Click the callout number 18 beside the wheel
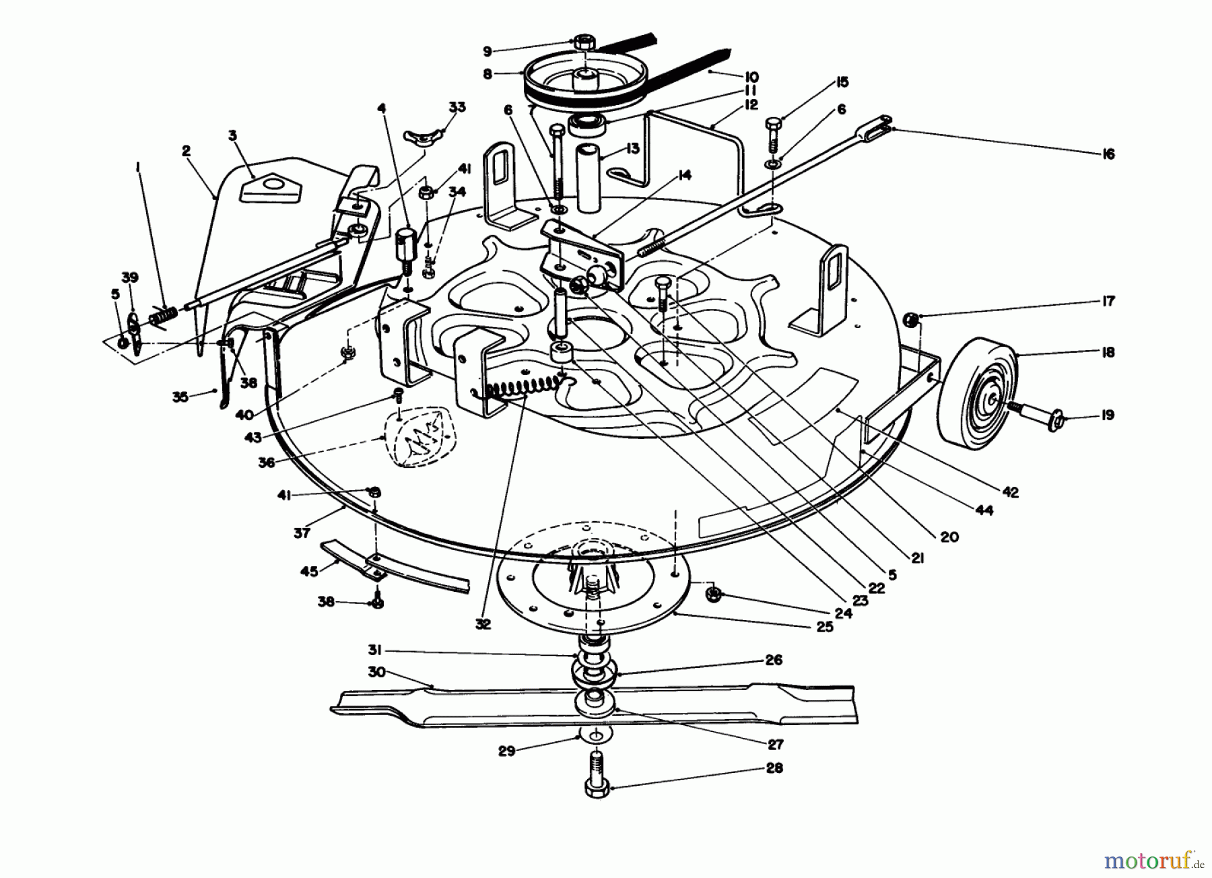point(1108,352)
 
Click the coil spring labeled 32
point(525,390)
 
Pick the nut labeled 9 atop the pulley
point(584,42)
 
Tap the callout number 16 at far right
point(1108,154)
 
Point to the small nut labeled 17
point(909,318)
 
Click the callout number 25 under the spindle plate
point(824,627)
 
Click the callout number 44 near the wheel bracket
point(984,511)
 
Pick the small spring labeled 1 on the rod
point(165,314)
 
